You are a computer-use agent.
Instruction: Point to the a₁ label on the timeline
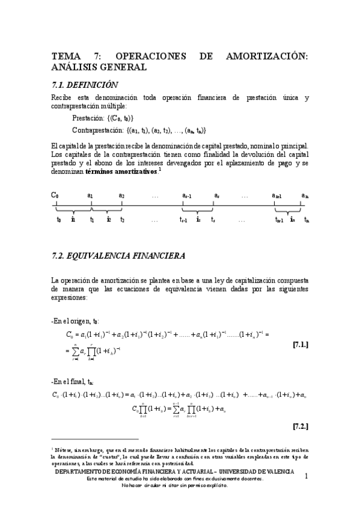coord(90,195)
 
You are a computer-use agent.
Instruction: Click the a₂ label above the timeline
coord(121,195)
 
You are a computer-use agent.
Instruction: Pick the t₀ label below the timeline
coord(58,220)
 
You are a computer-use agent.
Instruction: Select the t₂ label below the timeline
coord(122,220)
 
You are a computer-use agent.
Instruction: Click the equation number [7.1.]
coord(300,345)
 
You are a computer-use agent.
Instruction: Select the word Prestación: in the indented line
coord(88,118)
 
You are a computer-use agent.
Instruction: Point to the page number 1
coord(307,477)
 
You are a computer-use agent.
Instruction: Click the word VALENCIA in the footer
coord(278,472)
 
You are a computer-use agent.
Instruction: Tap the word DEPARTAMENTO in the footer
coord(82,472)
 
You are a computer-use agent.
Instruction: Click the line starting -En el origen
coord(76,322)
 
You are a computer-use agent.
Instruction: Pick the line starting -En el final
coord(73,382)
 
